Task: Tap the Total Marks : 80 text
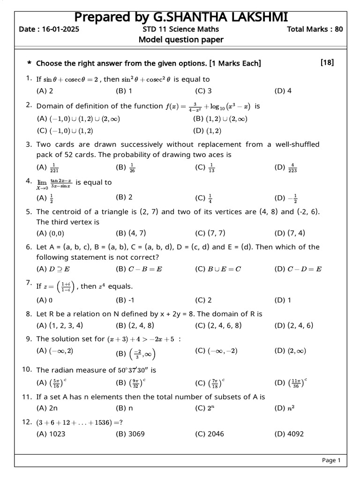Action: pos(315,29)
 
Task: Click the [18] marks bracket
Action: pos(327,62)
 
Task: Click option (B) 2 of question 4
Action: pos(124,197)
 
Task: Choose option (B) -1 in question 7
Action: pos(125,300)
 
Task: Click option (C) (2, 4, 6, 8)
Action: pos(218,325)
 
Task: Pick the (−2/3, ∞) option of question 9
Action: pos(136,353)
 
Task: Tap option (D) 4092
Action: pos(289,434)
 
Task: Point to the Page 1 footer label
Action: pos(331,460)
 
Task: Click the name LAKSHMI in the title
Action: pos(256,17)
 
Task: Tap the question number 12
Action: pos(26,422)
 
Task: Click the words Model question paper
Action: pos(181,40)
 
